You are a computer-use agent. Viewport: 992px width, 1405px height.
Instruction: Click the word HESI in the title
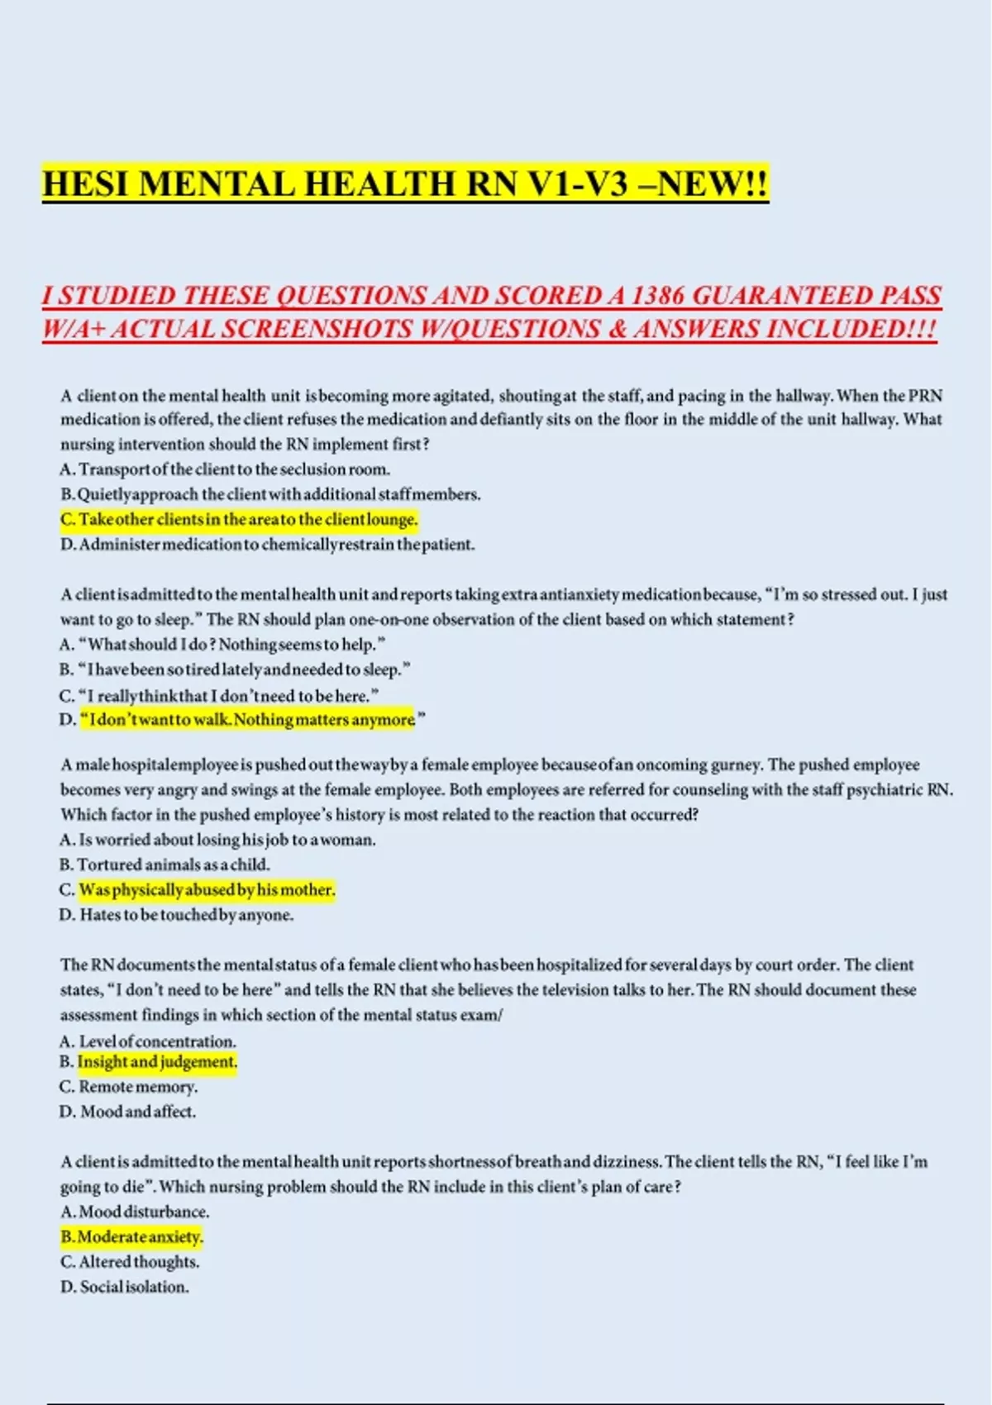tap(86, 183)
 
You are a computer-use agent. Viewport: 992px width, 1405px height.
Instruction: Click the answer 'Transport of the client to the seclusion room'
tap(225, 469)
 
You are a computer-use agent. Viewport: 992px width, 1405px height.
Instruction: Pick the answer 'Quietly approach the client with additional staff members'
tap(270, 495)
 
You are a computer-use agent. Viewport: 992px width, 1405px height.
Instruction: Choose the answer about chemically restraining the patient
tap(267, 545)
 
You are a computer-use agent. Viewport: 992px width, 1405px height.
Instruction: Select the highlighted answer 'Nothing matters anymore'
tap(248, 720)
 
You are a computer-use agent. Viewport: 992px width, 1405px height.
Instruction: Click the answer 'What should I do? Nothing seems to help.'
tap(223, 645)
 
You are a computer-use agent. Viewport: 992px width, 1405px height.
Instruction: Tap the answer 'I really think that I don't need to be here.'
tap(219, 696)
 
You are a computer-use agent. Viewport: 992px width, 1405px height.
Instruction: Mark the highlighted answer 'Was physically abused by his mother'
tap(207, 890)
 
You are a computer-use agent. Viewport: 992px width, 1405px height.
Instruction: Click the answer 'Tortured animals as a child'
tap(165, 865)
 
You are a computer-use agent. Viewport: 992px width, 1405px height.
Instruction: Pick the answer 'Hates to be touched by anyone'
tap(177, 915)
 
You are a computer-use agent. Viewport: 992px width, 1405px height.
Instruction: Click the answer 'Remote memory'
tap(129, 1087)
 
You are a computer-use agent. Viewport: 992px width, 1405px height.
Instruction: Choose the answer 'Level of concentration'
tap(148, 1041)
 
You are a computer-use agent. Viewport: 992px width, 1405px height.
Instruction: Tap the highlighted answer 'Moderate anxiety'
tap(131, 1237)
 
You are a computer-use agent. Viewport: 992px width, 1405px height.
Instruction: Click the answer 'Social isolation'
tap(125, 1287)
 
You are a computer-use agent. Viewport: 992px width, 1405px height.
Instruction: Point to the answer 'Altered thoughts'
tap(130, 1262)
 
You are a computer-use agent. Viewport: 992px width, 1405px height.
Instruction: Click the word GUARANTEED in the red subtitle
tap(780, 296)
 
